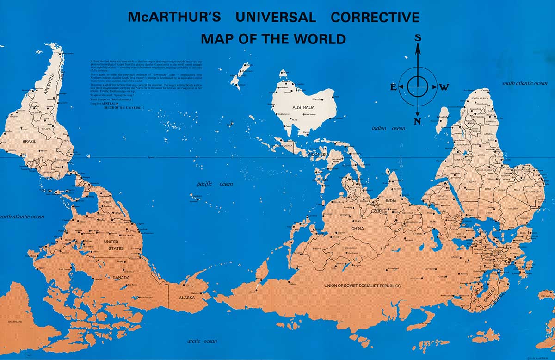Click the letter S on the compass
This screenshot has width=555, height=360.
click(418, 38)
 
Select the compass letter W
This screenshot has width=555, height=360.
click(444, 87)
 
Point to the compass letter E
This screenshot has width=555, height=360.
click(393, 87)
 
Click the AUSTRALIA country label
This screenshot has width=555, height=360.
click(303, 108)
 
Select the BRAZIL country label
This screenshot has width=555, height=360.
click(22, 141)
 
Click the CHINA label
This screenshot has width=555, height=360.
click(358, 229)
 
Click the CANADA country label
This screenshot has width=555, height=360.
click(121, 278)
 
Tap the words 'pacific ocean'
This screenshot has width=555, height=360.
click(215, 184)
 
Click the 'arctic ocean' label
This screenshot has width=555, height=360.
click(202, 341)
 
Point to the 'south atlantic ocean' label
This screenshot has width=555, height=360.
click(525, 83)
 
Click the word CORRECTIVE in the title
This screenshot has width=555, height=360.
click(375, 18)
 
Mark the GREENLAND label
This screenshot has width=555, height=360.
click(15, 321)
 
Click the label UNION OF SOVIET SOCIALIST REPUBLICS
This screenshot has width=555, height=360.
click(362, 286)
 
